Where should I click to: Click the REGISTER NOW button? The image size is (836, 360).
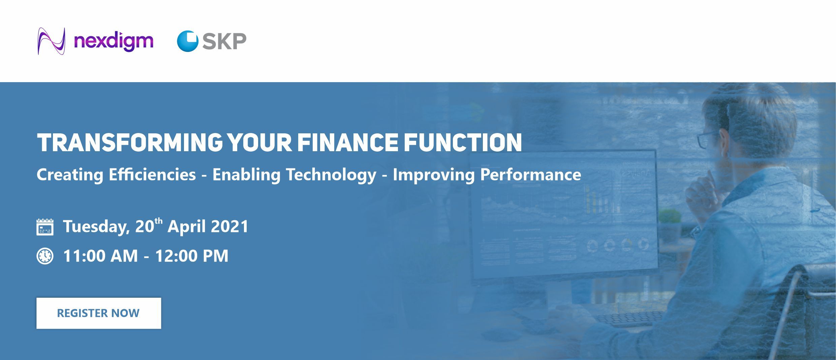(98, 313)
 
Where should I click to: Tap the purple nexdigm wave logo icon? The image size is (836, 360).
(51, 41)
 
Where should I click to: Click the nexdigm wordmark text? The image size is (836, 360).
(114, 42)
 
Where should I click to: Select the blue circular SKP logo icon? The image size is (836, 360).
(188, 41)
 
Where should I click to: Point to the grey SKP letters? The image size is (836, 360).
(224, 41)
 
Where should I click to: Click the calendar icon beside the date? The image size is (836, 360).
(45, 226)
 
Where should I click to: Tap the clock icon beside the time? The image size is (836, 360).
(45, 256)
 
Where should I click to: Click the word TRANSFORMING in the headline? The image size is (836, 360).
(130, 143)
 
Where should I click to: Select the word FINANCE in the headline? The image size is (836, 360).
(347, 143)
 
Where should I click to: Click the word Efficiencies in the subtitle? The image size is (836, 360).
(152, 174)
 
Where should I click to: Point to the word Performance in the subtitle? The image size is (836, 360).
(531, 174)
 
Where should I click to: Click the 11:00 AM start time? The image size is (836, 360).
(100, 256)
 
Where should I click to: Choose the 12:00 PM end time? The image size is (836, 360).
(192, 256)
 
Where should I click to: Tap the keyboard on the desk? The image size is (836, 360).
(627, 319)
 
